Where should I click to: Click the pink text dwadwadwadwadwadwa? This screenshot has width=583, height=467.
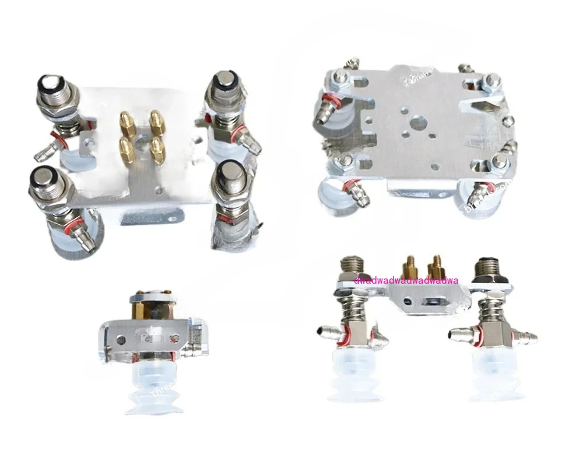click(x=406, y=280)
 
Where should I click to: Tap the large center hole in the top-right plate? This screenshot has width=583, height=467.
click(x=415, y=124)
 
